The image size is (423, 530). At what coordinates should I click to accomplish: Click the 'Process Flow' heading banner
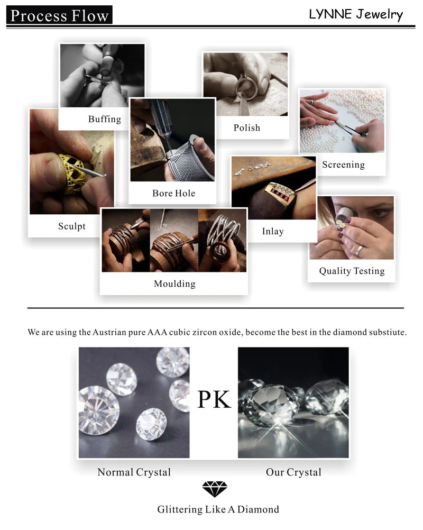coord(59,15)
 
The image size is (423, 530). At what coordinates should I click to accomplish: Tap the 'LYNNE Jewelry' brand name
coord(355,14)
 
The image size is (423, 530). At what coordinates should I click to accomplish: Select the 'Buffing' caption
coord(104,119)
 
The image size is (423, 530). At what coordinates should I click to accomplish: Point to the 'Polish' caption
coord(247,127)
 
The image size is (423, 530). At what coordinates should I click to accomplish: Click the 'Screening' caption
coord(343,165)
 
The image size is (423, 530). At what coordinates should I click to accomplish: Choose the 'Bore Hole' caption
coord(173,193)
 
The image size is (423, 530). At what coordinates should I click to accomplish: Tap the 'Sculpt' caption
coord(71,226)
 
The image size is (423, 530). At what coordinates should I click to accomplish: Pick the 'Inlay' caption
coord(273,231)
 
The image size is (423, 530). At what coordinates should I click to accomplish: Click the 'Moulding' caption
coord(174,284)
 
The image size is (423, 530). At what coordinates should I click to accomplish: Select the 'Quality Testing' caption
coord(352,271)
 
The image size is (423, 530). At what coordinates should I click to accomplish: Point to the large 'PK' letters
coord(214,399)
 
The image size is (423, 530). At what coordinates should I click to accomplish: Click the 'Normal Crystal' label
coord(134,472)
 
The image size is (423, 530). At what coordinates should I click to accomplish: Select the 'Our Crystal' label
coord(293,472)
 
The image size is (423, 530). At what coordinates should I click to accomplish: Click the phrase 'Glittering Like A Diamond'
coord(218,510)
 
